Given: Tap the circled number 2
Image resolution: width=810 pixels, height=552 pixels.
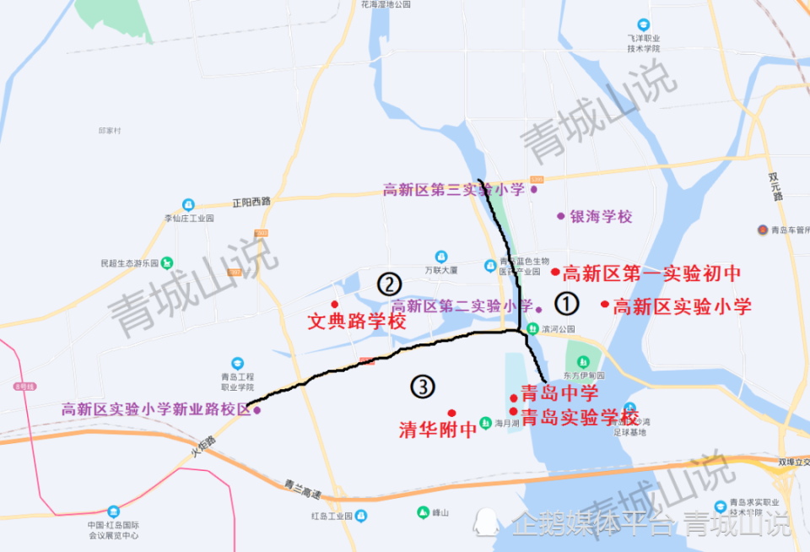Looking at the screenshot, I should click(x=388, y=283).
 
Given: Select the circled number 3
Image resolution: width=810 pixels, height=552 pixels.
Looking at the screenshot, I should click(x=423, y=387).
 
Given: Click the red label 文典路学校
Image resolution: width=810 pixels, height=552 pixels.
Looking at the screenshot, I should click(x=356, y=322).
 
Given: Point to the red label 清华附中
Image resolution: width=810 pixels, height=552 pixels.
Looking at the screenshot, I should click(x=438, y=430).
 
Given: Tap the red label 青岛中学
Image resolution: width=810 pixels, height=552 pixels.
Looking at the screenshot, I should click(x=559, y=393).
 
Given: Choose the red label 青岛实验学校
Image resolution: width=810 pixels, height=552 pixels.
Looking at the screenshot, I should click(x=580, y=416).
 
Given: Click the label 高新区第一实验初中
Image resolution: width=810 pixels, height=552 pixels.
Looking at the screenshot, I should click(x=651, y=273).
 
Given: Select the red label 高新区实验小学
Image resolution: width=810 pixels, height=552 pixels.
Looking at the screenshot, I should click(x=682, y=306).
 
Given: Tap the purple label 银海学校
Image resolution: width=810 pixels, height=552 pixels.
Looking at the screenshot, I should click(x=601, y=217).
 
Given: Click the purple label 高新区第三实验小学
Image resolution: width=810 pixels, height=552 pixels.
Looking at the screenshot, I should click(x=453, y=190).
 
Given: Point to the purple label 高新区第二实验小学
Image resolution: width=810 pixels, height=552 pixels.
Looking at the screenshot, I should click(x=462, y=306).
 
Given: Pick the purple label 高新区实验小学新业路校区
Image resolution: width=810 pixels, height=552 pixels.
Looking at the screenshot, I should click(x=156, y=409).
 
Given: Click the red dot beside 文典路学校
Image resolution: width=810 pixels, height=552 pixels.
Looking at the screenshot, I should click(x=335, y=304).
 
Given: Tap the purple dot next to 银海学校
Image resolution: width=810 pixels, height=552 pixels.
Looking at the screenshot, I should click(x=560, y=216).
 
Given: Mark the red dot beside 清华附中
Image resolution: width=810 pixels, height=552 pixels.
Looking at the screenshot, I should click(x=451, y=413).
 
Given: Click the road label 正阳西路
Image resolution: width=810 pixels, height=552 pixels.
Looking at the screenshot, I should click(x=251, y=202).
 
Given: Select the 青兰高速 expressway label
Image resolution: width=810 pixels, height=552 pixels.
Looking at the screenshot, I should click(x=301, y=488).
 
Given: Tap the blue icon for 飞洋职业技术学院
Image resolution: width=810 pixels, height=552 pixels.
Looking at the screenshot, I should click(x=644, y=25).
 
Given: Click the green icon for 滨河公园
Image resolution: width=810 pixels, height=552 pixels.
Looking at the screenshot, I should click(x=532, y=328).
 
